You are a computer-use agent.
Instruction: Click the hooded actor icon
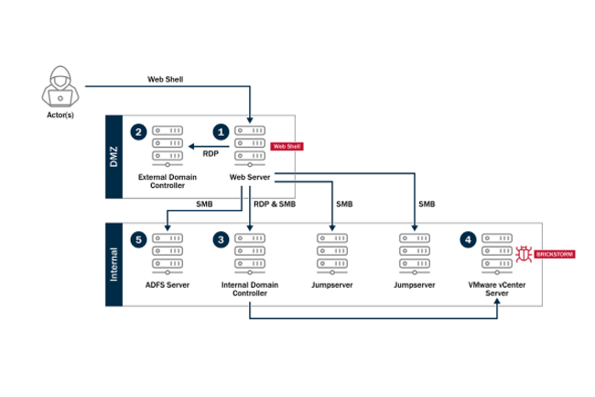point(59,87)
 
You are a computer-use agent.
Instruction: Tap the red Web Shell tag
point(287,146)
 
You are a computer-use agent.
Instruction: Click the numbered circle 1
point(220,131)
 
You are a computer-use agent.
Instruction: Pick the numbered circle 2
point(138,131)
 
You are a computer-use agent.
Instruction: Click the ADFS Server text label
point(167,285)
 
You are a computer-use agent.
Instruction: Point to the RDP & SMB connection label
point(273,204)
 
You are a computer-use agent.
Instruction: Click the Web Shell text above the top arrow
point(165,80)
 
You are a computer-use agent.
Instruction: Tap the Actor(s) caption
point(59,116)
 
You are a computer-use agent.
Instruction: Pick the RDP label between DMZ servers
point(211,153)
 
